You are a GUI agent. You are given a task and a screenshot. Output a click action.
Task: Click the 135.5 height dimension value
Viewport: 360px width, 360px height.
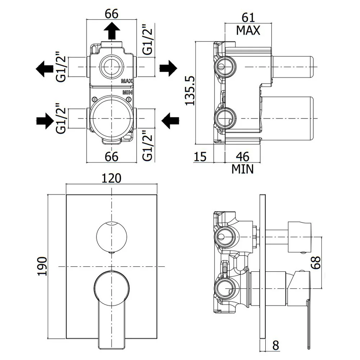pos(190,91)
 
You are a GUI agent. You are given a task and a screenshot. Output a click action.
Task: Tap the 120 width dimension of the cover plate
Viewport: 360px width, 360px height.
pos(111,179)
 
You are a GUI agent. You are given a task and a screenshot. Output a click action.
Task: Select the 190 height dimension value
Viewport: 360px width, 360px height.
pos(42,266)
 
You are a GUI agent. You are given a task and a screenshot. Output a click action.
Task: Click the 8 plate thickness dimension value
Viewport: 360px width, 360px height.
pos(275,345)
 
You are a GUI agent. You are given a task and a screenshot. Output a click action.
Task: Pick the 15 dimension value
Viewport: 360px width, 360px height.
pos(200,157)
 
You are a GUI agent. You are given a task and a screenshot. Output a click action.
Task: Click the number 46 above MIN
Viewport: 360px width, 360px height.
pos(243,157)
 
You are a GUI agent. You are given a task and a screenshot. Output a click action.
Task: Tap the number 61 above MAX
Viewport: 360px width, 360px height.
pos(248,18)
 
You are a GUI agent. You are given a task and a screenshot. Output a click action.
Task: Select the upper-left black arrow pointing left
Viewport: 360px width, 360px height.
pos(45,69)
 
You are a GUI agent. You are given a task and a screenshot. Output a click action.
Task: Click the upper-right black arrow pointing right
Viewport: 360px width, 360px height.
pos(168,68)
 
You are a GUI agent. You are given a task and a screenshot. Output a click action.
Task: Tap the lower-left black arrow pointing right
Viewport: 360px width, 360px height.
pos(45,121)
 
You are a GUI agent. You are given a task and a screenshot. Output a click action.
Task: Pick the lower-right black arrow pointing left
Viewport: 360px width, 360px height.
pos(170,121)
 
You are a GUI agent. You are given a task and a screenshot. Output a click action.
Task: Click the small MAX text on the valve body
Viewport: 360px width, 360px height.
pos(127,81)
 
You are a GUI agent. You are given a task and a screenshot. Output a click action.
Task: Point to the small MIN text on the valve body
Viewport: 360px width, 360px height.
pos(127,93)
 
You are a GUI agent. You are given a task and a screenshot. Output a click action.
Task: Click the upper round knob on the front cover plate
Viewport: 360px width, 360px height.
pos(112,237)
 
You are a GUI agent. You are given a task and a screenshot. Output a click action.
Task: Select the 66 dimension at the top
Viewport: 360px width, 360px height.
pos(112,14)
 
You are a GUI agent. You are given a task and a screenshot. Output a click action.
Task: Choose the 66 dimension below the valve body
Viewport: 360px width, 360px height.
pos(112,157)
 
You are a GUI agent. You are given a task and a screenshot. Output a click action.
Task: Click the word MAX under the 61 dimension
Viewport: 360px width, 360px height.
pos(248,30)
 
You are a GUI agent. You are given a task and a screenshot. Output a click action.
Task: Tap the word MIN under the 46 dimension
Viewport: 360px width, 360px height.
pos(242,169)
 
